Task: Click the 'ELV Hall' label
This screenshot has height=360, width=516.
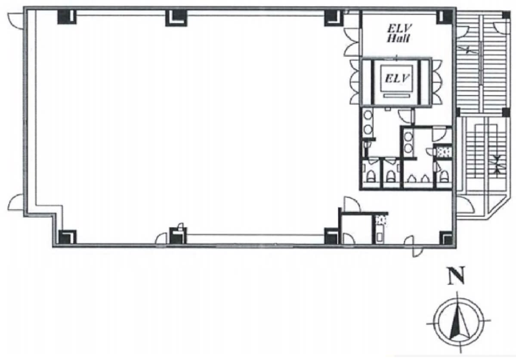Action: coord(399,33)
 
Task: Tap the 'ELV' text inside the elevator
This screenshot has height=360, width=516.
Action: coord(397,79)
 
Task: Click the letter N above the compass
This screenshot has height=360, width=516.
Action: coord(455,275)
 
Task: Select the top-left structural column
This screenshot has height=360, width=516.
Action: coord(67,16)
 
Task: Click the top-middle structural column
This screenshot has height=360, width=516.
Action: coord(176,18)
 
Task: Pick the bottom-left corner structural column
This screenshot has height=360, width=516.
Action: coord(67,237)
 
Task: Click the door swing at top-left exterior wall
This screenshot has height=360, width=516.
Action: coord(15,20)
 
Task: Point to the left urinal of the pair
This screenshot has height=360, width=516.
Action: coord(411,178)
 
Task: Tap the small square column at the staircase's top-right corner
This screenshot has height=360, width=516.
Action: coord(505,15)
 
